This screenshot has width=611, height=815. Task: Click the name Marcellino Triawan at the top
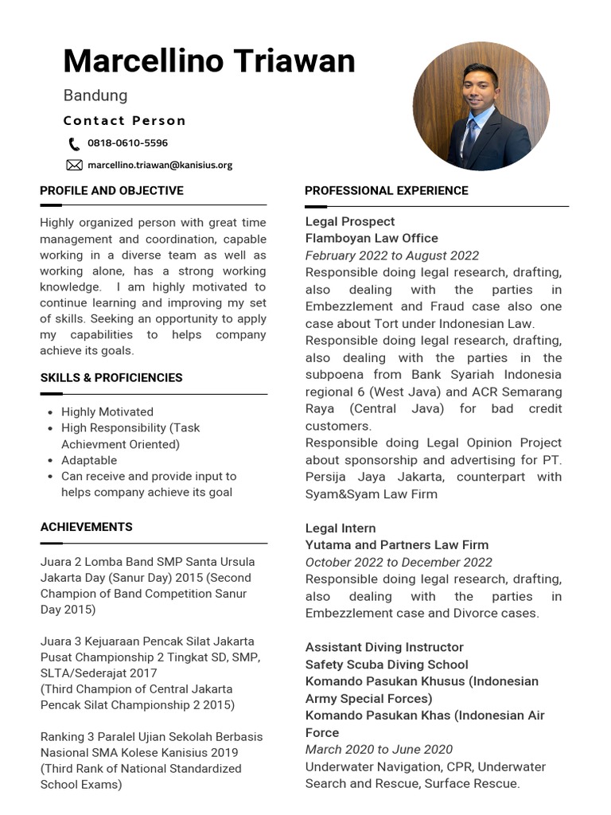pos(209,61)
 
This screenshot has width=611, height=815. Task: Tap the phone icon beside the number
pos(74,144)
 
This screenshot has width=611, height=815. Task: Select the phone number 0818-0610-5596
pos(127,144)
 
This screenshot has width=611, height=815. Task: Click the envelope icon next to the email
pos(74,166)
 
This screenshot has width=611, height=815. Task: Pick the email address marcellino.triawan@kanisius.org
pos(160,166)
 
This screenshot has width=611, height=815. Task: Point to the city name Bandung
pos(95,96)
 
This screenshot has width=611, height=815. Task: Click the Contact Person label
pos(125,121)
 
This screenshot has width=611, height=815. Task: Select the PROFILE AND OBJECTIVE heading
pos(111,191)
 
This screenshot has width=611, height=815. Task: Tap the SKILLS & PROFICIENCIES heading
pos(111,378)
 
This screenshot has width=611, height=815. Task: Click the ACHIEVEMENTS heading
pos(87,527)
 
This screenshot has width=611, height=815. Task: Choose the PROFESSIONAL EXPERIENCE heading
pos(387,191)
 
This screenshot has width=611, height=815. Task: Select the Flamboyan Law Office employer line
pos(372,238)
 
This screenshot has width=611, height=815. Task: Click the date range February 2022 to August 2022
pos(392,255)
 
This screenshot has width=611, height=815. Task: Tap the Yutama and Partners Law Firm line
pos(397,545)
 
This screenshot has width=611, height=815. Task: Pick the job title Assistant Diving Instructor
pos(384,648)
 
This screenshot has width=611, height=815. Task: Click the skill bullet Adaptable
pos(89,460)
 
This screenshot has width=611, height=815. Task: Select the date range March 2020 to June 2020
pos(379,750)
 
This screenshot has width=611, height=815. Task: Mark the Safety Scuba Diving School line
pos(387,665)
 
